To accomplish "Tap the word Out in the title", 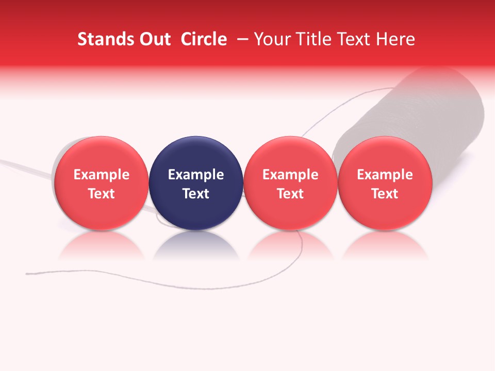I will coord(154,39).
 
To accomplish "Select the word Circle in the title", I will coord(204,39).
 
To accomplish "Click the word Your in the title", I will coord(272,39).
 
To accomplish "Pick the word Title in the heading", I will coord(312,39).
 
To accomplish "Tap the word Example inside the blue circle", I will coord(196,175).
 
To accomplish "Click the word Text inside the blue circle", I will coord(196,194).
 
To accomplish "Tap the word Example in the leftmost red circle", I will coord(101,175).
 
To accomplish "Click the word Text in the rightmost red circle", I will coord(385,194).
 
